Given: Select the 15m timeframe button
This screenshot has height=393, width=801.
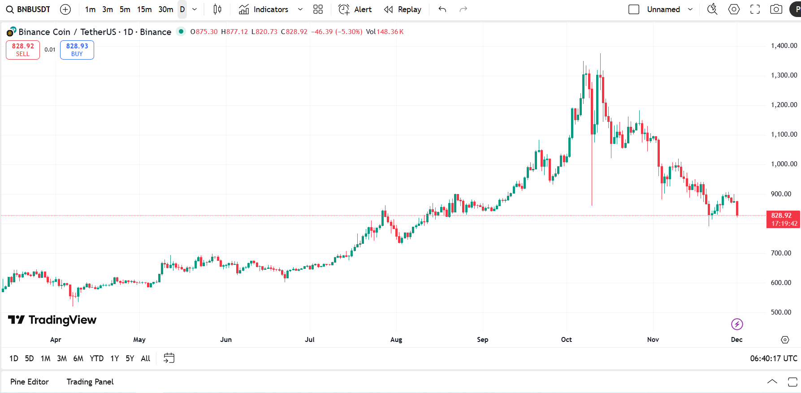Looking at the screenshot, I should tap(144, 9).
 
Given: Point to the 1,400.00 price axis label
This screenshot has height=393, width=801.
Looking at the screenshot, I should tap(784, 46).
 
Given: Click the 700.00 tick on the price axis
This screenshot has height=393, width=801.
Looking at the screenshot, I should tap(781, 253).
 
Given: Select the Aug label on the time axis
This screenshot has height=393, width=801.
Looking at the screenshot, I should tap(396, 340).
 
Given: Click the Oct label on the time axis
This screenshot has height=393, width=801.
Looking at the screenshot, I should tap(566, 340).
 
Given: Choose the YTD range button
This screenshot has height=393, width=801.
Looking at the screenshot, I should tap(96, 358).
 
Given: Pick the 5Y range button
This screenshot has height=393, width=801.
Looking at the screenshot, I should tap(130, 358).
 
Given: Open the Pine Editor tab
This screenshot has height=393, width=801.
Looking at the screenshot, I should tap(30, 382).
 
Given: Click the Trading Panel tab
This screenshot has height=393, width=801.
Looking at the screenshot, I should tap(90, 382).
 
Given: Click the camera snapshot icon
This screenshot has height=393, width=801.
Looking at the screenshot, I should tap(776, 9).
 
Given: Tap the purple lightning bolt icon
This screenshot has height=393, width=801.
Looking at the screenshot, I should tap(737, 324).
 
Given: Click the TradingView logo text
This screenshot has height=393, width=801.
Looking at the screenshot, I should tap(62, 320).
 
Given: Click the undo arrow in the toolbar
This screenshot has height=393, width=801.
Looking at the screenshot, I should tap(442, 9).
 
